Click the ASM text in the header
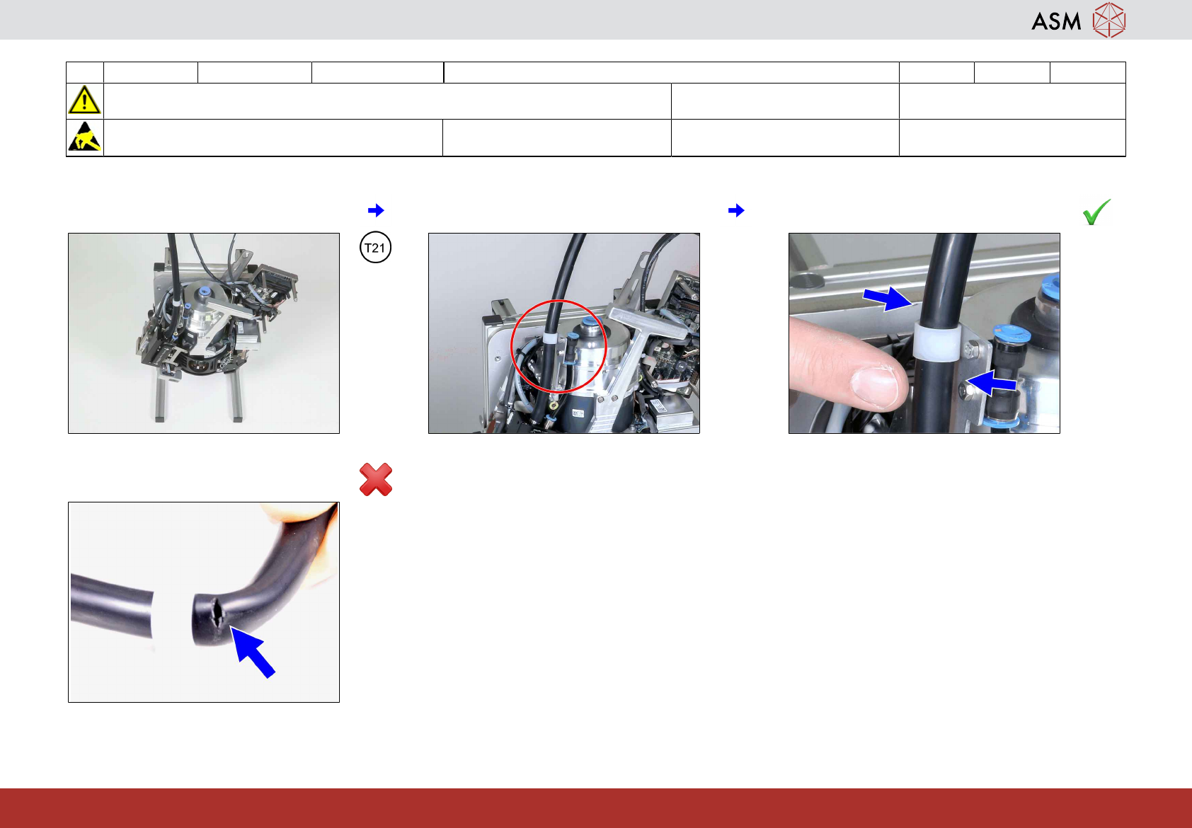[x=1056, y=21]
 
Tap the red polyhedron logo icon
[x=1109, y=21]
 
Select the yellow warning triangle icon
[x=84, y=100]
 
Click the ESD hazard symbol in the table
[x=85, y=137]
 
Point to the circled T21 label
[x=375, y=248]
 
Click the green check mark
[x=1096, y=212]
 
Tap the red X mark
[x=376, y=479]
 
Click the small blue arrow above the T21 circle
[x=376, y=210]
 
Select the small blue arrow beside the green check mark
[x=736, y=210]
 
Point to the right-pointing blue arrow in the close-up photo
[x=887, y=299]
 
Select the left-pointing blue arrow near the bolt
[x=992, y=383]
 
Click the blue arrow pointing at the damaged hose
[x=252, y=652]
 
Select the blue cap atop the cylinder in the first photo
[x=203, y=292]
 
